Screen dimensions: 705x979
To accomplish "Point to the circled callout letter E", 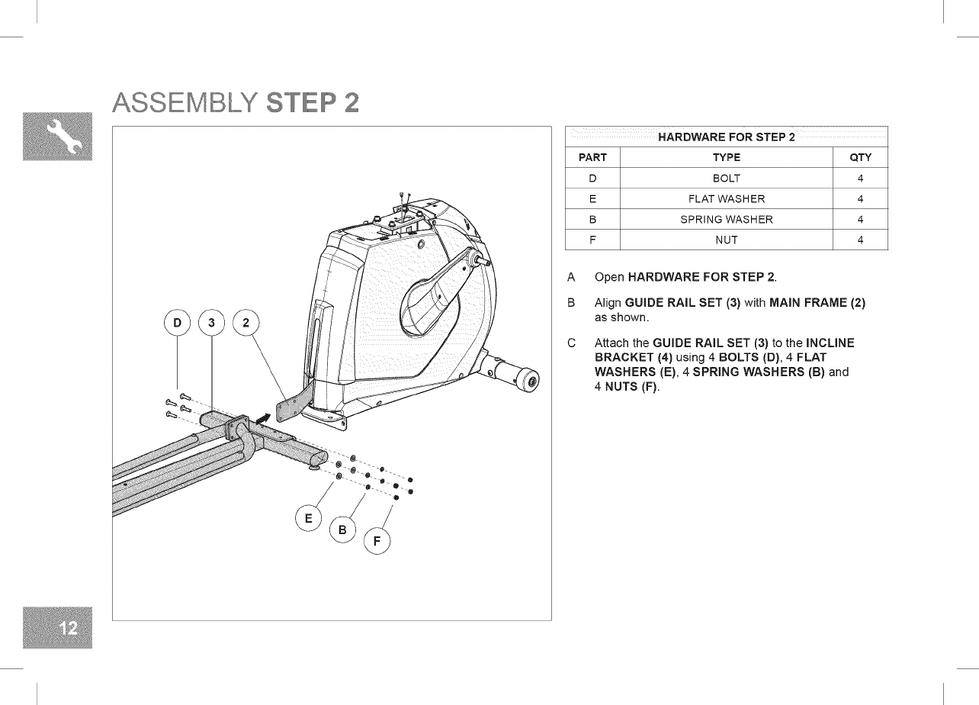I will tap(308, 519).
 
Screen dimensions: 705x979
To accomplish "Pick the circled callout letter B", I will tap(342, 530).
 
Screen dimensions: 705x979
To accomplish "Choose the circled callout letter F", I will tap(377, 543).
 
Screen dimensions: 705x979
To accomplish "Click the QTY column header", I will tap(859, 158).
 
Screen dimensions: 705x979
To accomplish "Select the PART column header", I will tap(592, 158).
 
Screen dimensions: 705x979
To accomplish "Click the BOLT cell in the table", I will tap(726, 179).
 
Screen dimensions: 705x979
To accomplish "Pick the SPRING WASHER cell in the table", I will tap(726, 220).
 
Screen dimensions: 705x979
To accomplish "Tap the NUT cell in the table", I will tap(726, 240).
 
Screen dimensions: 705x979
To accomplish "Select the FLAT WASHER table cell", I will tap(726, 199).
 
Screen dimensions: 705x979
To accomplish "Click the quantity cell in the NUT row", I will tap(859, 240).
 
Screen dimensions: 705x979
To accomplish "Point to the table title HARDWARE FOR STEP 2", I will tap(726, 137).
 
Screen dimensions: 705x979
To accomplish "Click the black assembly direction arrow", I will tap(263, 417).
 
